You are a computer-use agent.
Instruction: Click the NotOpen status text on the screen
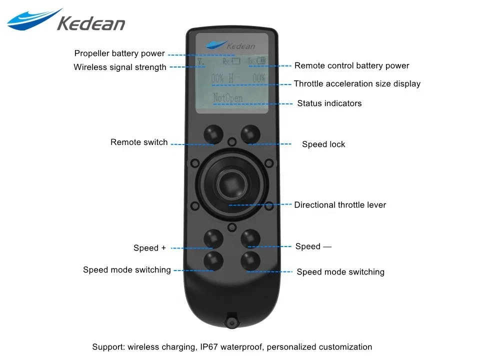pos(227,98)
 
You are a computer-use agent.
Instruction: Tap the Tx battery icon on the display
pos(258,62)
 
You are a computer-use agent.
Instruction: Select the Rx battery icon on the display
pos(232,62)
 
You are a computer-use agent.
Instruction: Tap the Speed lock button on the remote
pos(250,133)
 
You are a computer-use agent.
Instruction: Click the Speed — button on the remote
pos(250,238)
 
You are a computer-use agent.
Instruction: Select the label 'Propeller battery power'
pos(119,53)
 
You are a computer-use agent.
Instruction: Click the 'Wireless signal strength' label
pos(120,67)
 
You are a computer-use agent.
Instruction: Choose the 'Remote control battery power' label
pos(351,65)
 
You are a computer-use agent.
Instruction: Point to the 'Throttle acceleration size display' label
pos(357,84)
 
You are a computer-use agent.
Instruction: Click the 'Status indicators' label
pos(329,103)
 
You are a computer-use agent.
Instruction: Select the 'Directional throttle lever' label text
pos(340,205)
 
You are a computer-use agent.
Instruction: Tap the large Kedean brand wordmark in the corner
pos(90,23)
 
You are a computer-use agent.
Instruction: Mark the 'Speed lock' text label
pos(323,144)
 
